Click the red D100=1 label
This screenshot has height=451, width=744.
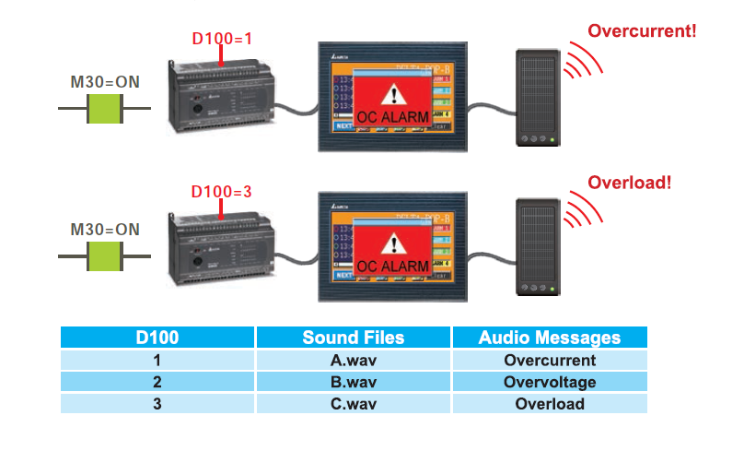click(x=221, y=39)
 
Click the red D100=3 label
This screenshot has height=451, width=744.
click(x=221, y=192)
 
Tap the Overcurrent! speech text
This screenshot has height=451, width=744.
click(x=642, y=30)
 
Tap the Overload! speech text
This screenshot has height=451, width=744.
click(x=629, y=183)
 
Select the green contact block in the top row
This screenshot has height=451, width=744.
click(x=105, y=108)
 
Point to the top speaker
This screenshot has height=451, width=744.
click(x=536, y=96)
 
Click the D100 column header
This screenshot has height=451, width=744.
click(x=157, y=338)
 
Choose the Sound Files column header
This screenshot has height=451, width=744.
click(x=353, y=338)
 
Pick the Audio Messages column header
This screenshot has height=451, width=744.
click(x=549, y=338)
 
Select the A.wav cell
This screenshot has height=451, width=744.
click(x=353, y=361)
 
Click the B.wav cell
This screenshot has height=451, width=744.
click(x=353, y=382)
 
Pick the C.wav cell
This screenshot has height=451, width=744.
click(x=353, y=404)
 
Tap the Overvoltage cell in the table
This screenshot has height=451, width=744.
click(x=549, y=382)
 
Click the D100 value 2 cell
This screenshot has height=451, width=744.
click(x=157, y=382)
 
